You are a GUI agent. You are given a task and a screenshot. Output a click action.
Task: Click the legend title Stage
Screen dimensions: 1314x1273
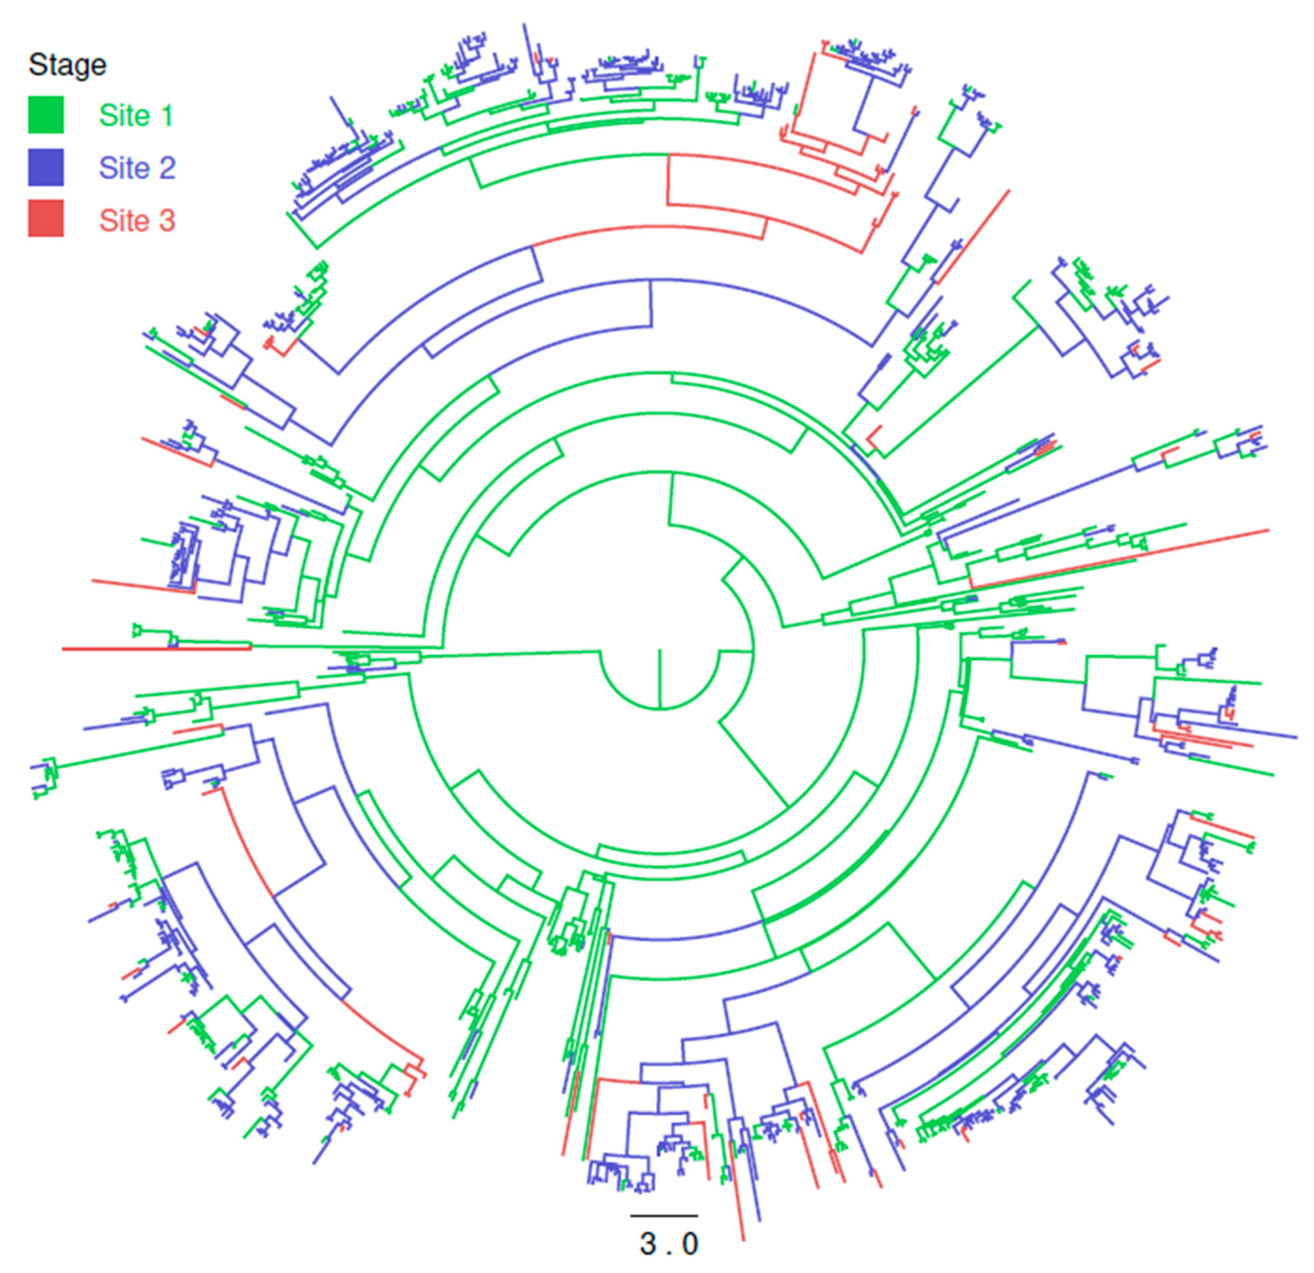click(67, 65)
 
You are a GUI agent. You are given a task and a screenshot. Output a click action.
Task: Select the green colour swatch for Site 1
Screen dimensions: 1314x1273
click(45, 115)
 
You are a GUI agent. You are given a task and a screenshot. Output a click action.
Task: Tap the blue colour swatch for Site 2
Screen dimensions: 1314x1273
click(45, 167)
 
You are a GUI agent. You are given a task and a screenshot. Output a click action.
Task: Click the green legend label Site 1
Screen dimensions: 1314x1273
click(136, 115)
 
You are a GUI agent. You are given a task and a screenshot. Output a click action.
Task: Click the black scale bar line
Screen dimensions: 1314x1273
click(664, 1215)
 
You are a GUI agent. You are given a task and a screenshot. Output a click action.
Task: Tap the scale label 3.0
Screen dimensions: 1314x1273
click(668, 1244)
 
